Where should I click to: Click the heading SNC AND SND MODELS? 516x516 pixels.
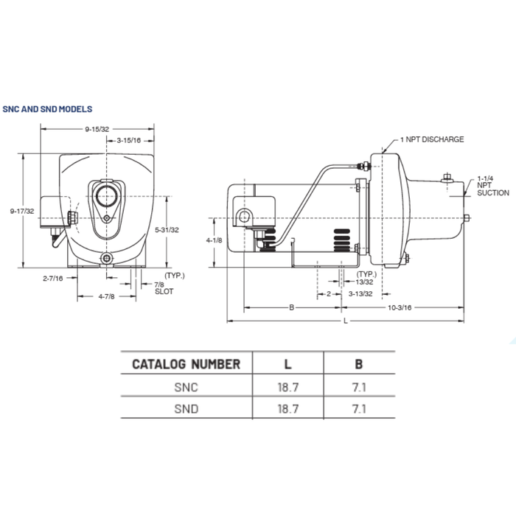[47, 108]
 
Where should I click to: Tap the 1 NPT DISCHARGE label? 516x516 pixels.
[432, 139]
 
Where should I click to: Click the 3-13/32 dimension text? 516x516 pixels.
[358, 293]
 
